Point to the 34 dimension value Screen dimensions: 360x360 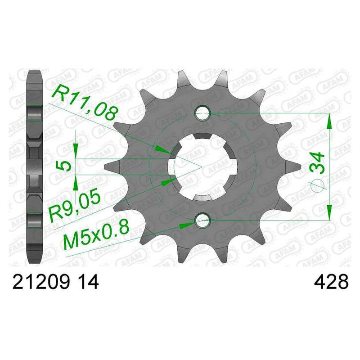[317, 163]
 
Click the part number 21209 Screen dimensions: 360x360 [41, 282]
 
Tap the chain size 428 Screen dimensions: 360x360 [331, 282]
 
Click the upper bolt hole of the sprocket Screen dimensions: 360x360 [202, 113]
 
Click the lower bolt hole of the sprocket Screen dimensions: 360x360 [202, 220]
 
